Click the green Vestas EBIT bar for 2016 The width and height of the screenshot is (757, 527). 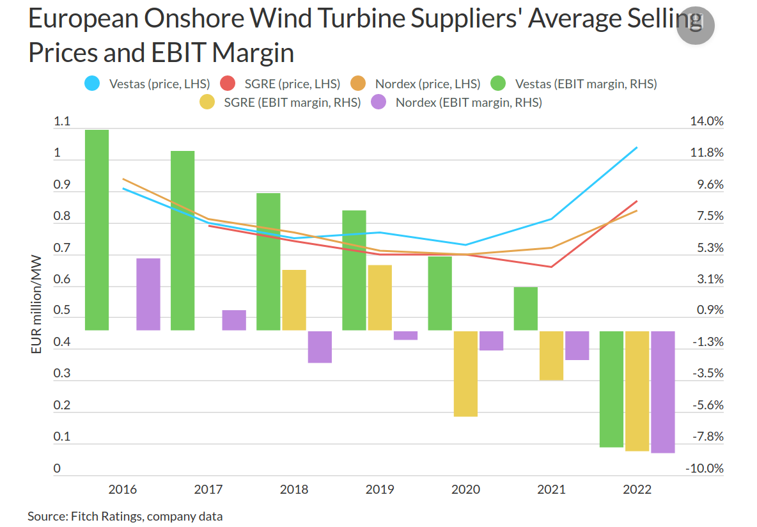click(97, 230)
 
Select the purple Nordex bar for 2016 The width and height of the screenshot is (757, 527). click(148, 294)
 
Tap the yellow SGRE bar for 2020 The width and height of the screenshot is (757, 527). click(465, 374)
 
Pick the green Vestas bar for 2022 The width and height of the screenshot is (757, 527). click(611, 389)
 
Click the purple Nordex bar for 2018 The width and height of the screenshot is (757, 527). click(320, 347)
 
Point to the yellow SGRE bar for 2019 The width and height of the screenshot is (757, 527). click(380, 297)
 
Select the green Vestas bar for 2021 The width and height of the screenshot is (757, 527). click(526, 308)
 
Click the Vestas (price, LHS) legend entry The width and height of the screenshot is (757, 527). click(148, 83)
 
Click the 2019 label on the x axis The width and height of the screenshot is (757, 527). click(380, 490)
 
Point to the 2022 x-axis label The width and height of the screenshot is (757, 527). click(637, 490)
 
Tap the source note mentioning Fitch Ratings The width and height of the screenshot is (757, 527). click(125, 516)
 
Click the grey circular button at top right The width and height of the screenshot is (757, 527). click(695, 26)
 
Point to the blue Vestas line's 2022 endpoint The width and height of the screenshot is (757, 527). click(637, 148)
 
